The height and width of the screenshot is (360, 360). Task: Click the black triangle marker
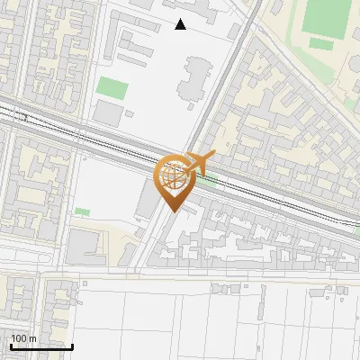click(181, 24)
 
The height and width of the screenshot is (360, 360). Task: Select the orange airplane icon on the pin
click(201, 162)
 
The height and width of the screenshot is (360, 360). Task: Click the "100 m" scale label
click(23, 337)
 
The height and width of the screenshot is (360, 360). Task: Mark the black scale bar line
click(41, 346)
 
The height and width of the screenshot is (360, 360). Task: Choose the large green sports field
click(327, 15)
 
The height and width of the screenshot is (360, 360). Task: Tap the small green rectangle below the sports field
click(319, 42)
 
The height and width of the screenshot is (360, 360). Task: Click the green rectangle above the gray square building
click(112, 88)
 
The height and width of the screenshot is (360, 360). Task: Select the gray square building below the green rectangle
click(108, 113)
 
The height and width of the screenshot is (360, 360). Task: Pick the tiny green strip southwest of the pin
click(83, 211)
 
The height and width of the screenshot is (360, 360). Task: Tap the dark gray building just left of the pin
click(146, 200)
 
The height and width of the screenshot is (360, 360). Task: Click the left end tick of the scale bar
click(11, 346)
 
